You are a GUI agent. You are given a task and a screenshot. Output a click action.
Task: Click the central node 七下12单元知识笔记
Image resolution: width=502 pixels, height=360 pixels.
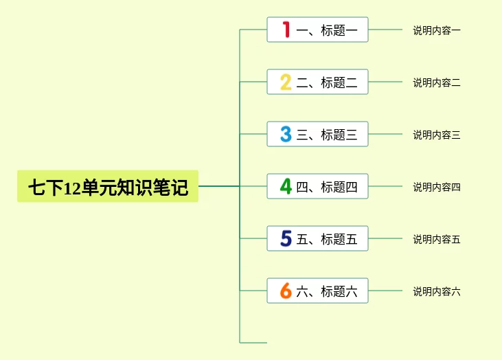point(108,187)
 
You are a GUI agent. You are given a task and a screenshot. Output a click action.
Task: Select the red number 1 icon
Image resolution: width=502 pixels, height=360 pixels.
point(286,30)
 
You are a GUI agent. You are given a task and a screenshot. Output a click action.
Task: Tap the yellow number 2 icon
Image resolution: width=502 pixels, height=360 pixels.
point(286,82)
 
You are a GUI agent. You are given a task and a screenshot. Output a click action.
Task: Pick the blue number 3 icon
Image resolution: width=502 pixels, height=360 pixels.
point(286,135)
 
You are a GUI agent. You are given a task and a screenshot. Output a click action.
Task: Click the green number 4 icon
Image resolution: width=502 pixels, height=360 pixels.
point(286,187)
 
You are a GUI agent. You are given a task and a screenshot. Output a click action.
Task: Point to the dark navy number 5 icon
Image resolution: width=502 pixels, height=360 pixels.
point(286,239)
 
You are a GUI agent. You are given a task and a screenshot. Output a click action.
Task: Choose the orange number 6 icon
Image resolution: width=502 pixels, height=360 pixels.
point(286,291)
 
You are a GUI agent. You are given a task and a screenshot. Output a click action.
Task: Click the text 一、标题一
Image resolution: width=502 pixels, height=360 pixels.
point(327,30)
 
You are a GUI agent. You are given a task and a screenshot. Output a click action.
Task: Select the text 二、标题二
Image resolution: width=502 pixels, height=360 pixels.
point(327,82)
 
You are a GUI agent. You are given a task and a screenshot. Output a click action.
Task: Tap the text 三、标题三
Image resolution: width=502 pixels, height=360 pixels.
point(327,135)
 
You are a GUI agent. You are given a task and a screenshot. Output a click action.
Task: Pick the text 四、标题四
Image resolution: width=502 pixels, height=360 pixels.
point(327,187)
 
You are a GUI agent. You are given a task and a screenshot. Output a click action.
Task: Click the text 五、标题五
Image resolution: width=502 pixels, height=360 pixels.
point(327,239)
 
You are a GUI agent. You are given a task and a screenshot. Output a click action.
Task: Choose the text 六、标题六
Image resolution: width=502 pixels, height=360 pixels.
point(327,291)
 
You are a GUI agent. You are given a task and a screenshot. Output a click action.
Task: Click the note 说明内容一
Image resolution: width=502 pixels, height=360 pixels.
point(437,30)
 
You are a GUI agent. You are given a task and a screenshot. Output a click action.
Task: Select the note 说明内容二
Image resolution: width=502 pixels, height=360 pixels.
point(437,82)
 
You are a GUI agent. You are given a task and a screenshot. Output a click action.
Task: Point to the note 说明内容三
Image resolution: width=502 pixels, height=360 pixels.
point(437,135)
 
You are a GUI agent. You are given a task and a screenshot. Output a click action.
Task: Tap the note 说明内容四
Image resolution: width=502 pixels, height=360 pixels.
point(437,187)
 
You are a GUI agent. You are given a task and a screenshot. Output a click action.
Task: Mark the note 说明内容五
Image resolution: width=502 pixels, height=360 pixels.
point(437,239)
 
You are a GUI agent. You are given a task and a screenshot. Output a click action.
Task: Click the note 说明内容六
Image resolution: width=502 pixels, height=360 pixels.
point(437,291)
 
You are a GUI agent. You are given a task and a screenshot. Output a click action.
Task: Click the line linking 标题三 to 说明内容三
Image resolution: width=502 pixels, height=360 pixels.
point(385,134)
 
